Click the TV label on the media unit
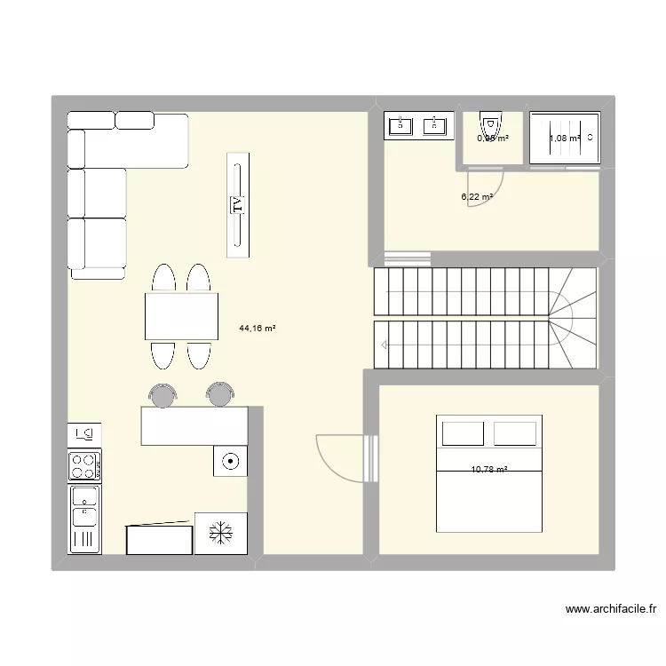click(x=237, y=206)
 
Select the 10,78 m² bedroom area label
click(x=489, y=470)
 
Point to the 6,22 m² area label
click(x=477, y=197)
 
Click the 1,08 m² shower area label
click(x=564, y=138)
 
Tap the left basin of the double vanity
click(x=401, y=125)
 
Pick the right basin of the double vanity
click(x=435, y=125)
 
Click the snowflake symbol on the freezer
click(x=220, y=533)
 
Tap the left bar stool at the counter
click(x=162, y=394)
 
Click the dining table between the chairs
click(x=182, y=316)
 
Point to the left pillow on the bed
click(x=463, y=433)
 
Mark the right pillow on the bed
click(x=515, y=433)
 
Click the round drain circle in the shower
click(x=591, y=137)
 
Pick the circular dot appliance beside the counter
click(x=229, y=461)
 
